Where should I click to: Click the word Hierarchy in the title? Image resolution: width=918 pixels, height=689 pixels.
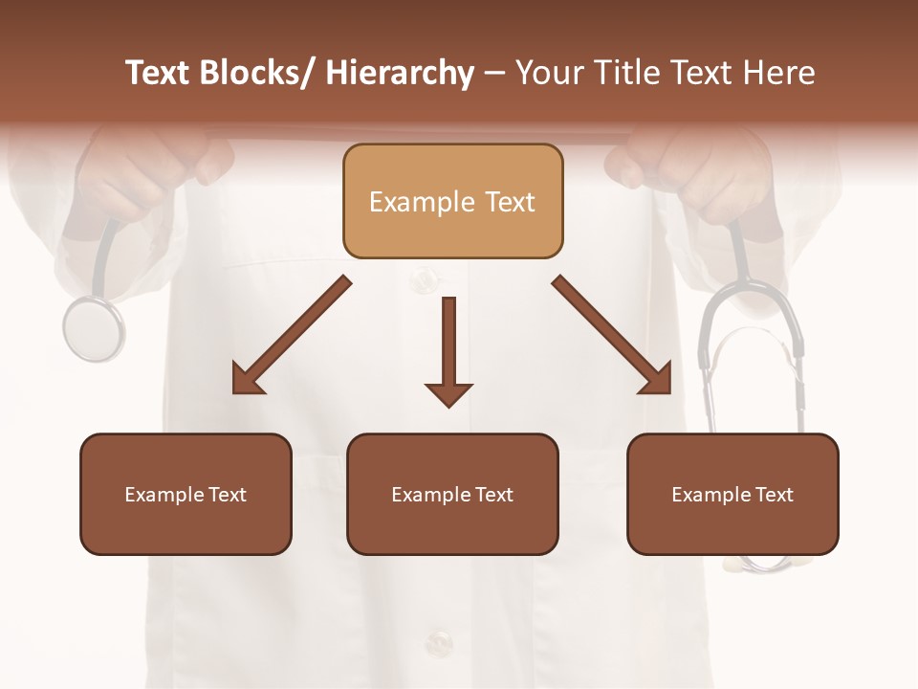(x=400, y=73)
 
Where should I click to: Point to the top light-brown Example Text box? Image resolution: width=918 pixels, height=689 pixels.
(x=452, y=202)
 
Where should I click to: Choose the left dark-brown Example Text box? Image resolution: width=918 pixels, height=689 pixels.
(x=186, y=494)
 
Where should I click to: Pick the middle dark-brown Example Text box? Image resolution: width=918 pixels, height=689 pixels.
(x=452, y=494)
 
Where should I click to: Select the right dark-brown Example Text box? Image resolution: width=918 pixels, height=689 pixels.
(x=732, y=494)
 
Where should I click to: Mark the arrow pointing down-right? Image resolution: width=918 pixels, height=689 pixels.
(x=612, y=335)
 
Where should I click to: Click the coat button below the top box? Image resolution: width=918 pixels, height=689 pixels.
(x=423, y=280)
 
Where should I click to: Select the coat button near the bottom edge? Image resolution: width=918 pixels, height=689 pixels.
(x=439, y=642)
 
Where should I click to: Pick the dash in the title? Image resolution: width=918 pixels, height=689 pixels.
(x=494, y=73)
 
